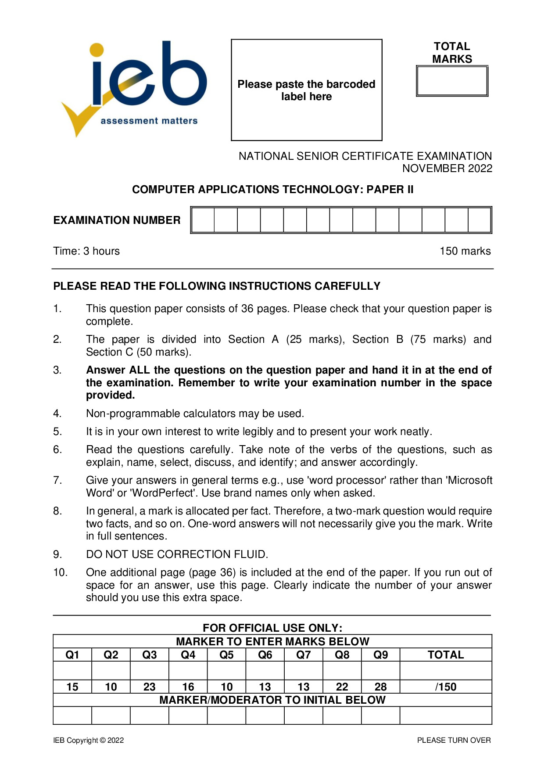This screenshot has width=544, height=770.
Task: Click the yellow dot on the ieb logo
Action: [97, 50]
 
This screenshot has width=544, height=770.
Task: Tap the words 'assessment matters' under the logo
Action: [149, 121]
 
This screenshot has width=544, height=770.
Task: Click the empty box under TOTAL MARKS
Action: [452, 81]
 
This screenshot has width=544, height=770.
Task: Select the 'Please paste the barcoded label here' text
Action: [306, 90]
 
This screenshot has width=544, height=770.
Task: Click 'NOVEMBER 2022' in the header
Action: [447, 169]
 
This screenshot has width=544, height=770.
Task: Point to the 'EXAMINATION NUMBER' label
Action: [117, 220]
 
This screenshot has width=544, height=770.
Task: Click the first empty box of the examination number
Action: [203, 220]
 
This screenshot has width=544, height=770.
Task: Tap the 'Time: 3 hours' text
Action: [86, 251]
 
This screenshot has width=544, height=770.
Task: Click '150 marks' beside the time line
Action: [465, 251]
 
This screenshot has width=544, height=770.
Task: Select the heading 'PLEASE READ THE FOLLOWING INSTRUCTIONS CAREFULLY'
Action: [217, 286]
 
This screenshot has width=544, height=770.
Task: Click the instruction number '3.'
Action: [57, 370]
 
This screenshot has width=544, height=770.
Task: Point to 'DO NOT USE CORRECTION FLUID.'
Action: [177, 554]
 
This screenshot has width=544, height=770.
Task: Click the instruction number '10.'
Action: [60, 572]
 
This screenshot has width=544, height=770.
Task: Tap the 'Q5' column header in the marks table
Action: [226, 655]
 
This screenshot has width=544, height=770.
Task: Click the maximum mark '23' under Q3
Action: [150, 687]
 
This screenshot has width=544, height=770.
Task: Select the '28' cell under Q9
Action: [380, 687]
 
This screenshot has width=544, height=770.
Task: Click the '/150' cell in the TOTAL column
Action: [446, 687]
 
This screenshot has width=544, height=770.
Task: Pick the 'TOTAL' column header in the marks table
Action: [446, 655]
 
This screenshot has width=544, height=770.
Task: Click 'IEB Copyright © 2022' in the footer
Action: [89, 741]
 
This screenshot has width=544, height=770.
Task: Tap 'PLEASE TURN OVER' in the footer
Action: [454, 741]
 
